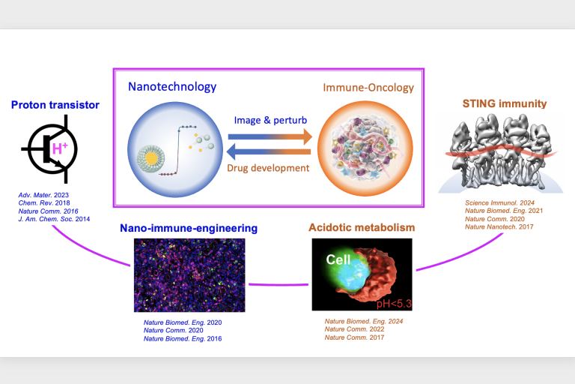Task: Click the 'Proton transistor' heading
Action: (x=55, y=105)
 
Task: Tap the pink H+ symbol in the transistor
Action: (x=60, y=148)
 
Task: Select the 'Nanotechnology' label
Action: (x=172, y=87)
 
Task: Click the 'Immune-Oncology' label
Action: (x=368, y=88)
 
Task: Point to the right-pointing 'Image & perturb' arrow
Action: (x=270, y=136)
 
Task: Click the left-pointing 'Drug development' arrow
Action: (x=269, y=151)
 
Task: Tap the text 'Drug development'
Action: (x=268, y=168)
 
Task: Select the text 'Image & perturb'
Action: (x=270, y=120)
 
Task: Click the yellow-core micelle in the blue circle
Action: (x=150, y=158)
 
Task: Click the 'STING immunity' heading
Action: (x=505, y=103)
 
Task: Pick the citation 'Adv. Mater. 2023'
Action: (x=43, y=195)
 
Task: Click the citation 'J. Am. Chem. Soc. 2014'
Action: (x=54, y=219)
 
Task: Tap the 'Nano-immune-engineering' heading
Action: (x=189, y=228)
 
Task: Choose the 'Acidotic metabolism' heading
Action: (x=362, y=227)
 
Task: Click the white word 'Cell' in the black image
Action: (x=338, y=259)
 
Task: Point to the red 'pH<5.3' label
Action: (x=394, y=304)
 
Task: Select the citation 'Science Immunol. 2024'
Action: (x=499, y=202)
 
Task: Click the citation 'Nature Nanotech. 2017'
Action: (x=499, y=226)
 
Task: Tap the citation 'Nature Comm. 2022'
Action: (x=354, y=329)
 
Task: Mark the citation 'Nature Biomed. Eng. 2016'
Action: (x=183, y=339)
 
